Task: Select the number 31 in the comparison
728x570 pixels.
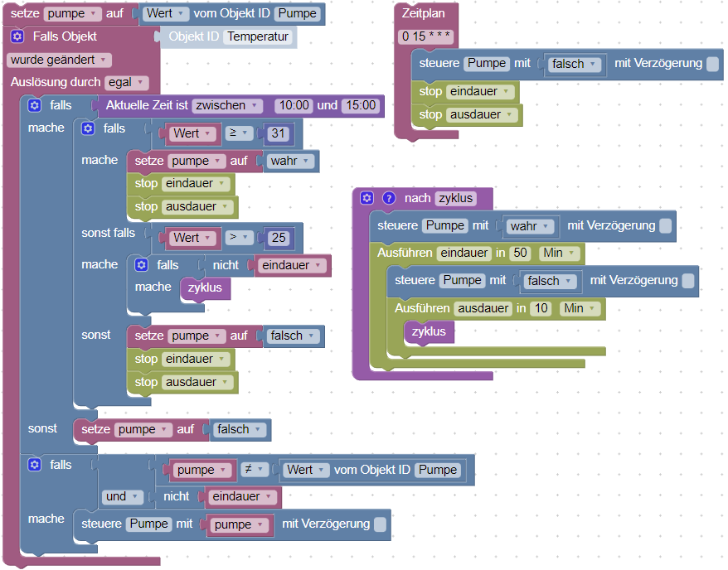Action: pos(278,133)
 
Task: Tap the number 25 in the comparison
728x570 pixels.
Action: pos(278,238)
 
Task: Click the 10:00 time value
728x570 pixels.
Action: pos(294,105)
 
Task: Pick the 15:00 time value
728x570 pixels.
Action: pos(359,105)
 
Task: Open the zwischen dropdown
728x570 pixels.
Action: pos(227,105)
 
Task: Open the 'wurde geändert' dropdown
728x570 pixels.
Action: pos(59,60)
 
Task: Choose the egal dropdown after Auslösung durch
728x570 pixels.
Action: pos(126,82)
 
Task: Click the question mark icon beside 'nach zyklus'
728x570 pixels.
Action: pos(388,198)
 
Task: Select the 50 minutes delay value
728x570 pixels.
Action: pos(521,253)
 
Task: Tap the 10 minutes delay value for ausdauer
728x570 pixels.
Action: pos(541,308)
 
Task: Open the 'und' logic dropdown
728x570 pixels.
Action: pos(121,496)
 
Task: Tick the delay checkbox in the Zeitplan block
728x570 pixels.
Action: pos(712,64)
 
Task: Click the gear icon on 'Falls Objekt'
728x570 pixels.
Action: pos(17,36)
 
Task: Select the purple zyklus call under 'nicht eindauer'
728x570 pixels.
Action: pos(206,287)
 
